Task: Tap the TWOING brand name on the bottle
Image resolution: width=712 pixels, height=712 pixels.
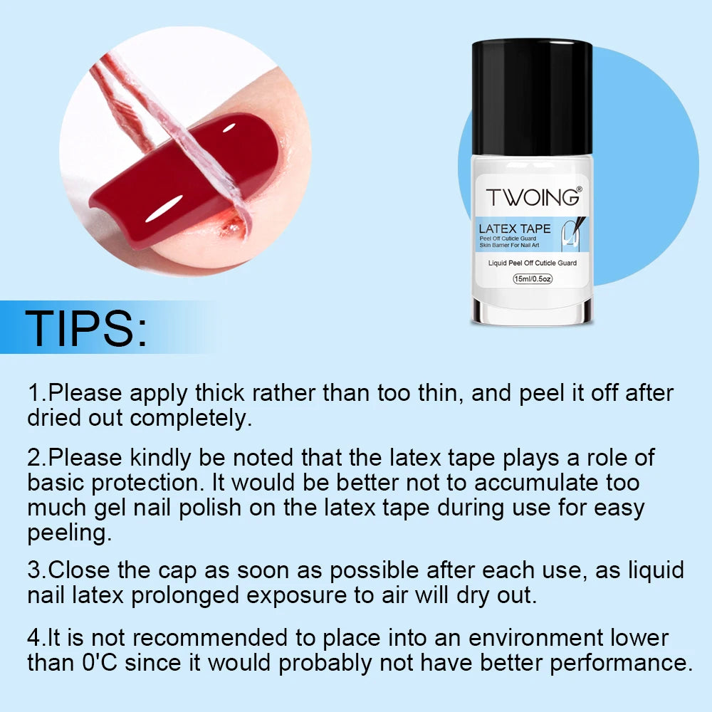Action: pos(533,197)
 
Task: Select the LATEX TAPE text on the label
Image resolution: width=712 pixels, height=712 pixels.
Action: pos(515,229)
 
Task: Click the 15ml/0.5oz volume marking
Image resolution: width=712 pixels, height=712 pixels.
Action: pos(533,278)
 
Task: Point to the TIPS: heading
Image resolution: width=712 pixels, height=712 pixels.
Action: pos(86,328)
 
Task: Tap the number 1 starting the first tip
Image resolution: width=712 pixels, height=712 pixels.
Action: pos(34,392)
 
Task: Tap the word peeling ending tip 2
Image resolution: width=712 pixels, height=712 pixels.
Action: pos(69,533)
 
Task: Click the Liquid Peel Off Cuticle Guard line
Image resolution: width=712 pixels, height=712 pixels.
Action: pos(533,263)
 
